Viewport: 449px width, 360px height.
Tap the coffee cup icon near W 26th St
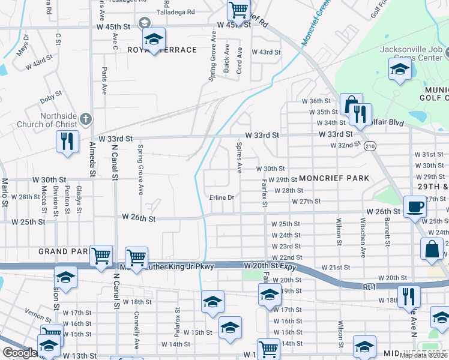coord(414,208)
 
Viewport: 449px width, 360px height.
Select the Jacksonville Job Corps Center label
coord(413,53)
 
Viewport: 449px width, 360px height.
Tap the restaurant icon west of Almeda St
coord(67,142)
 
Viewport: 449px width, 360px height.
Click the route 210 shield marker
coord(370,146)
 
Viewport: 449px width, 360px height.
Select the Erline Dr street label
coord(221,197)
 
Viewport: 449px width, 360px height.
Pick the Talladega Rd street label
coord(175,11)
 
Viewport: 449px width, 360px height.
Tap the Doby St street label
coord(52,94)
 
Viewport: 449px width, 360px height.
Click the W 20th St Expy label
coord(270,265)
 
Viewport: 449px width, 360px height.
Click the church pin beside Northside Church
coord(85,118)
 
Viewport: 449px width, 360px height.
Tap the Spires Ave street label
coord(239,157)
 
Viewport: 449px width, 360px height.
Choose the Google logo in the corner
coord(19,353)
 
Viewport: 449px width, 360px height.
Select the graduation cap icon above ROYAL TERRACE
coord(155,40)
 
